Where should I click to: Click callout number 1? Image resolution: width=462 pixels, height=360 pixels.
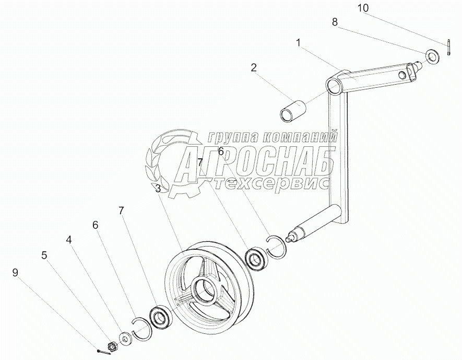[x=298, y=43]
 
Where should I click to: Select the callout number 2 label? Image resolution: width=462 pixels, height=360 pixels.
[x=253, y=67]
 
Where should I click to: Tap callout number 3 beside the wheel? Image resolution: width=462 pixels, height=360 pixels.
[x=157, y=189]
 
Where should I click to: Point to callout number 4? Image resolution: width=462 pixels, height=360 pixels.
[x=69, y=240]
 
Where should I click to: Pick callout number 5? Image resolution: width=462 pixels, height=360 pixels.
[x=44, y=256]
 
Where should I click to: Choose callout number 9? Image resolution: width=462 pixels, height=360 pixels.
[x=15, y=272]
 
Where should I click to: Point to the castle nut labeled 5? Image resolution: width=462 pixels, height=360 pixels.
[x=112, y=345]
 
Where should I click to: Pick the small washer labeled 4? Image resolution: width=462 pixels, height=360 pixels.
[x=126, y=339]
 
